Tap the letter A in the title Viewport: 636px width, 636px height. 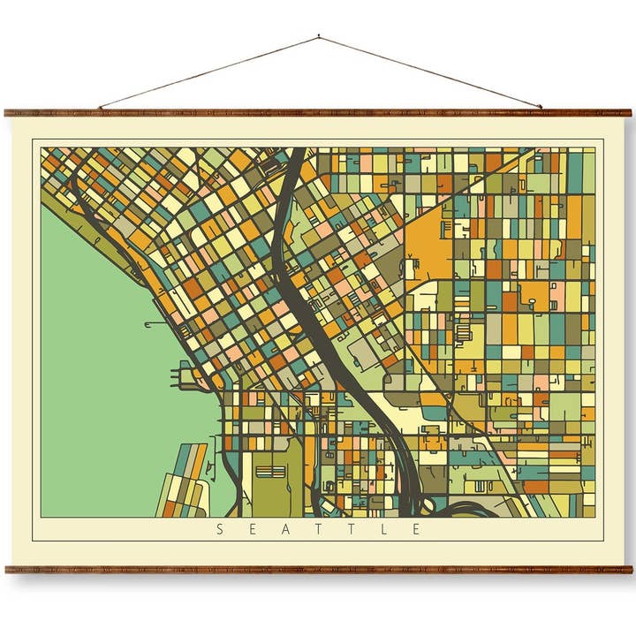(284, 530)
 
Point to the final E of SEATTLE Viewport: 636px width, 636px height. (415, 530)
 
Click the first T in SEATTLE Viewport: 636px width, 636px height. (318, 530)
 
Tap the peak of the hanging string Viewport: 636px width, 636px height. (318, 37)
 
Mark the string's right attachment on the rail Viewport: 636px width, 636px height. (541, 108)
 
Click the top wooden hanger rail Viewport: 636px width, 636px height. (318, 113)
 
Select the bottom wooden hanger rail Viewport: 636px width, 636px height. (318, 570)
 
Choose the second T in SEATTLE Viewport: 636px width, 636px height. (351, 530)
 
